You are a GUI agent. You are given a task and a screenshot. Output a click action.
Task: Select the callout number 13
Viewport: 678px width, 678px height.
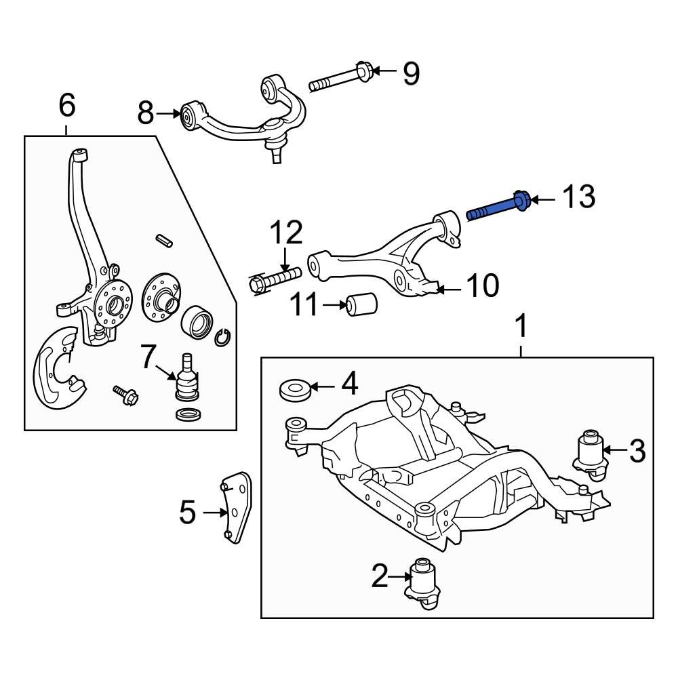tap(578, 197)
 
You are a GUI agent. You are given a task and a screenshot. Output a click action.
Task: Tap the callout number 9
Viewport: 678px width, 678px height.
tap(411, 73)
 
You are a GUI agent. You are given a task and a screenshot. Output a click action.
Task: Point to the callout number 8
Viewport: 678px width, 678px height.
tap(146, 114)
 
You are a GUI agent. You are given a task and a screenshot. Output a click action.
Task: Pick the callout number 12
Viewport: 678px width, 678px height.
tap(285, 233)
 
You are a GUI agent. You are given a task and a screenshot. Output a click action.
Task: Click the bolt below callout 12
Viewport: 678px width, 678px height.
tap(275, 280)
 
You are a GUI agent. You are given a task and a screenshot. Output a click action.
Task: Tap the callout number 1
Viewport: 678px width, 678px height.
tap(521, 327)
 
